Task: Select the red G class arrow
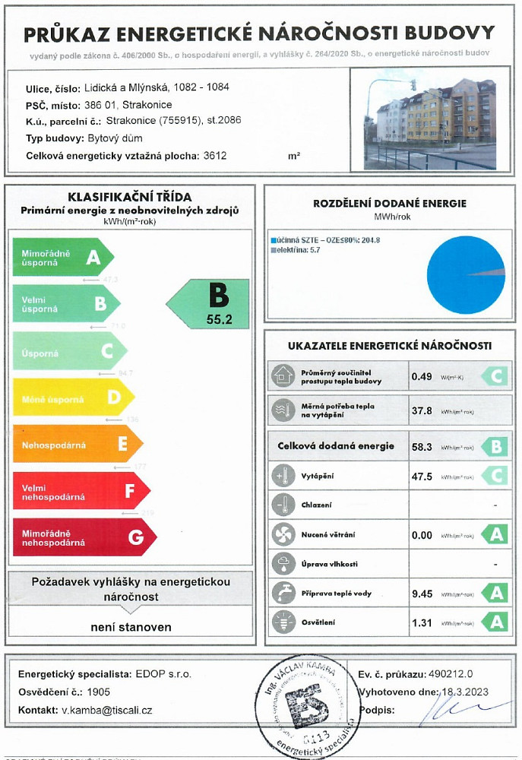(x=84, y=537)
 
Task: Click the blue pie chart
(x=465, y=274)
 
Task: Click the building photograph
(x=429, y=123)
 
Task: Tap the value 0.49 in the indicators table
(x=421, y=376)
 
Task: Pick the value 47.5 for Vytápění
(x=421, y=477)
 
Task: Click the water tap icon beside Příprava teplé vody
(x=283, y=594)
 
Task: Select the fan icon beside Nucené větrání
(x=283, y=534)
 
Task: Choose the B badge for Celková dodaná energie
(x=494, y=446)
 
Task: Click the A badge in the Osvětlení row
(x=494, y=622)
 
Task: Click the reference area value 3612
(x=215, y=155)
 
